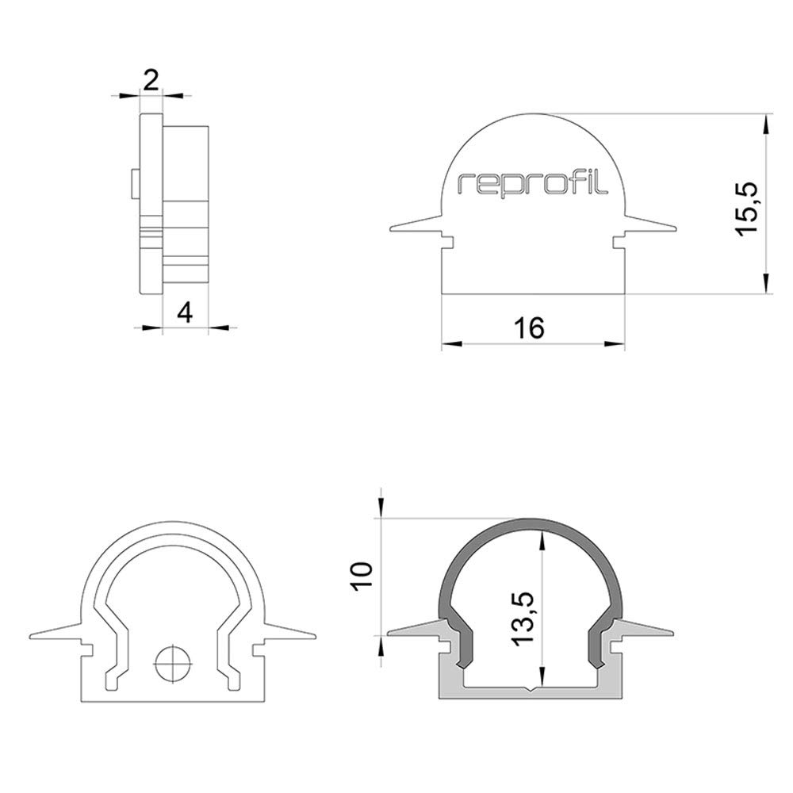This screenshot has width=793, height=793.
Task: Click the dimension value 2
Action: [x=151, y=80]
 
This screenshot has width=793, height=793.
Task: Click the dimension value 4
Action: [x=185, y=313]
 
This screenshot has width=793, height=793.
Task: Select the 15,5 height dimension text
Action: [x=747, y=208]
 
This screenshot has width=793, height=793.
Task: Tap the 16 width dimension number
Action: [x=529, y=328]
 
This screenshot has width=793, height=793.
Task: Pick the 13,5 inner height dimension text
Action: [x=523, y=618]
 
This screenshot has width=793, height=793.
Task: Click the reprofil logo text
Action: [x=532, y=185]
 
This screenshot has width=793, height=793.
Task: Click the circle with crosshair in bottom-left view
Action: [x=174, y=664]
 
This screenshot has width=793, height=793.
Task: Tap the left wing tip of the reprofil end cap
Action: [x=390, y=231]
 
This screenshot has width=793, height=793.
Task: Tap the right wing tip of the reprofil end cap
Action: [x=676, y=231]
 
